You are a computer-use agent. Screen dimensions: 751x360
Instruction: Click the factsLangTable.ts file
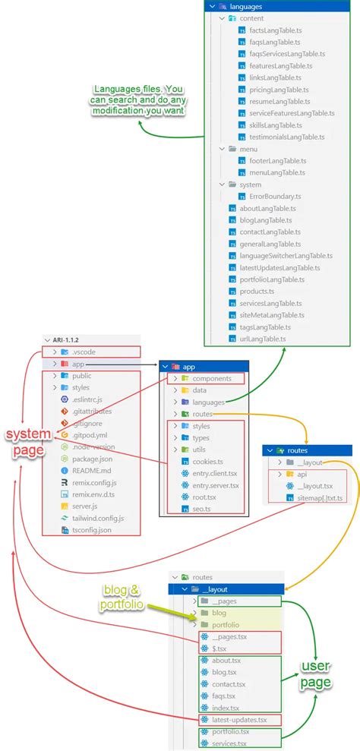pos(274,31)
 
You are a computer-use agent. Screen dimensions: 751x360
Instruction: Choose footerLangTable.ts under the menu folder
pos(277,161)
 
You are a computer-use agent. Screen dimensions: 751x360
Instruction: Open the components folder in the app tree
pos(211,378)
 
